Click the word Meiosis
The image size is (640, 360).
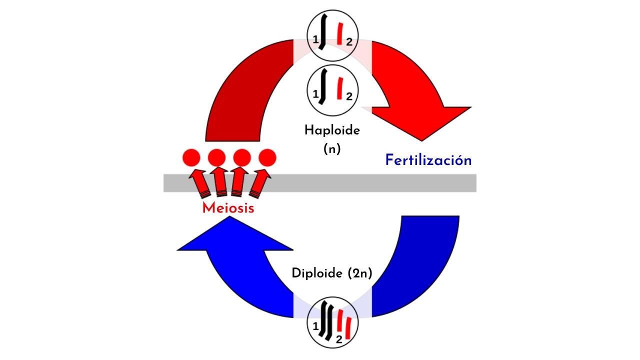coord(228,208)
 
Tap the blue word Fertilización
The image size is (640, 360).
coord(428,160)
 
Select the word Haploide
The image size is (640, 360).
coord(332,130)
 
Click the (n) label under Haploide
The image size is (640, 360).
coord(332,149)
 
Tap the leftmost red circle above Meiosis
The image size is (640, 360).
coord(191,158)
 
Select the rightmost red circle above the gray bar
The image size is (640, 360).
coord(267,158)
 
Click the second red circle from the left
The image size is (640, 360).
coord(216,158)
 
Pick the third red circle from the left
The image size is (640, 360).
coord(242,158)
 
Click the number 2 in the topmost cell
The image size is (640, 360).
coord(349,43)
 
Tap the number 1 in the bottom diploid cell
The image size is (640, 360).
coord(315,327)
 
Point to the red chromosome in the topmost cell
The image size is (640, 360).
coord(340,34)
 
